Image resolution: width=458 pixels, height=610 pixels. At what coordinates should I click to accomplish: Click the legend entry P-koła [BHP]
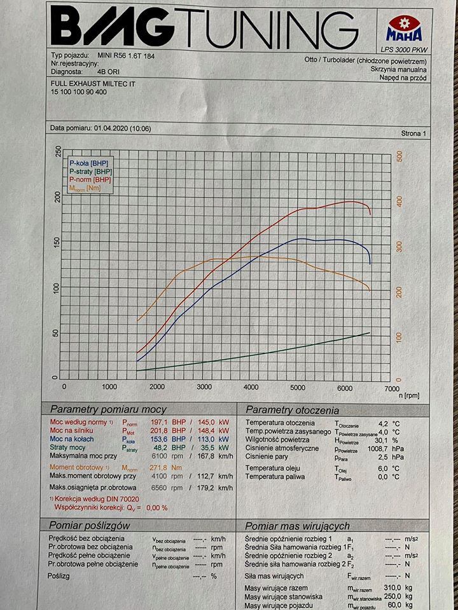89,164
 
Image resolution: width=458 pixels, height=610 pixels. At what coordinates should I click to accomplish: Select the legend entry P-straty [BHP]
90,172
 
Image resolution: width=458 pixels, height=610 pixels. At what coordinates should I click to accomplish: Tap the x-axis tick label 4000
251,386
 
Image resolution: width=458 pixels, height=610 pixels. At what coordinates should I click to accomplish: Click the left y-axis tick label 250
59,152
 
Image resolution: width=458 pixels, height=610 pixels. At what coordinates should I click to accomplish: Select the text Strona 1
415,134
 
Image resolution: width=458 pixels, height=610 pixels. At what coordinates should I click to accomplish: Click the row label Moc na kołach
76,439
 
